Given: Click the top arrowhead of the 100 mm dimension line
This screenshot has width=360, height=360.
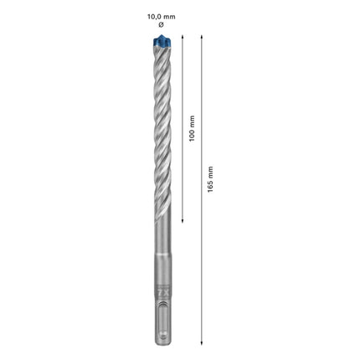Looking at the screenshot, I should tap(182, 39).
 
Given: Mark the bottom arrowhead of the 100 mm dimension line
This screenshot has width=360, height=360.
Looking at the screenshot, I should tap(182, 224).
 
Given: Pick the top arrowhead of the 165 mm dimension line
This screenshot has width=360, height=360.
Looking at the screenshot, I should tap(201, 39).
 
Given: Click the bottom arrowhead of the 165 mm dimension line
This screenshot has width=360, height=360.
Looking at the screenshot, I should tap(201, 342).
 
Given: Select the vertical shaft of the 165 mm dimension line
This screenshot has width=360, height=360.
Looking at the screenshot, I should tap(201, 251).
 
